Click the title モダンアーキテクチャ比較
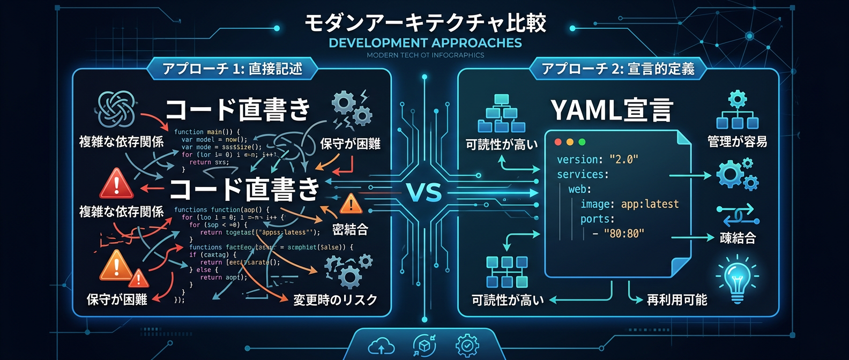click(425, 22)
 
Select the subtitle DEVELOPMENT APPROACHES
click(425, 43)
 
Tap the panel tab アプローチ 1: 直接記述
click(232, 69)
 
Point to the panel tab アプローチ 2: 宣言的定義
click(618, 69)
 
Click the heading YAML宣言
click(611, 110)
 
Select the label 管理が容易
click(737, 141)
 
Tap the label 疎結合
click(738, 238)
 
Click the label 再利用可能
click(676, 300)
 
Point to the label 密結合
click(350, 230)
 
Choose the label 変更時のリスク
click(335, 300)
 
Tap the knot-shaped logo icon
click(116, 109)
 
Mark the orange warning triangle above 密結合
click(351, 204)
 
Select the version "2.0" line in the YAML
click(597, 160)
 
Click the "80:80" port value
click(624, 234)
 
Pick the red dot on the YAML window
click(558, 142)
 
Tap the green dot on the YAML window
click(582, 142)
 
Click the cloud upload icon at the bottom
click(381, 347)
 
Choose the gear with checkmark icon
click(466, 346)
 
